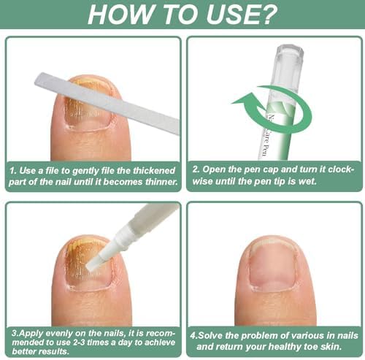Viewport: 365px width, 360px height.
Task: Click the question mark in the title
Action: tap(266, 14)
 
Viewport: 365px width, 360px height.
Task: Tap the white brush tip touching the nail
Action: tap(94, 262)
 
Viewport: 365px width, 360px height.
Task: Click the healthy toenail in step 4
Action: tap(273, 264)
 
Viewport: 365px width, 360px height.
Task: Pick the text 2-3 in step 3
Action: tap(79, 342)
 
